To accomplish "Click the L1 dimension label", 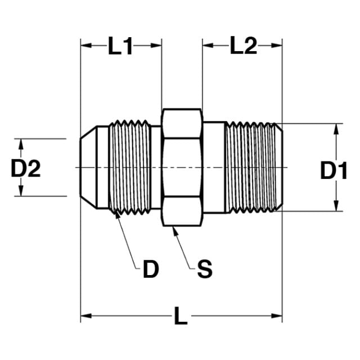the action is pos(120,46).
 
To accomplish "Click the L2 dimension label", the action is pos(244,46).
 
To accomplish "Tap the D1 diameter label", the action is pos(334,170).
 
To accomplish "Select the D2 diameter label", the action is pos(26,168).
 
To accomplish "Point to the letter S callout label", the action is pos(205,269).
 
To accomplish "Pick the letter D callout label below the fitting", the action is pos(151,269).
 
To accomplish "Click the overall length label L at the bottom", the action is pos(181,316).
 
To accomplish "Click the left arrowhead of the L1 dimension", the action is pos(86,46).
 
